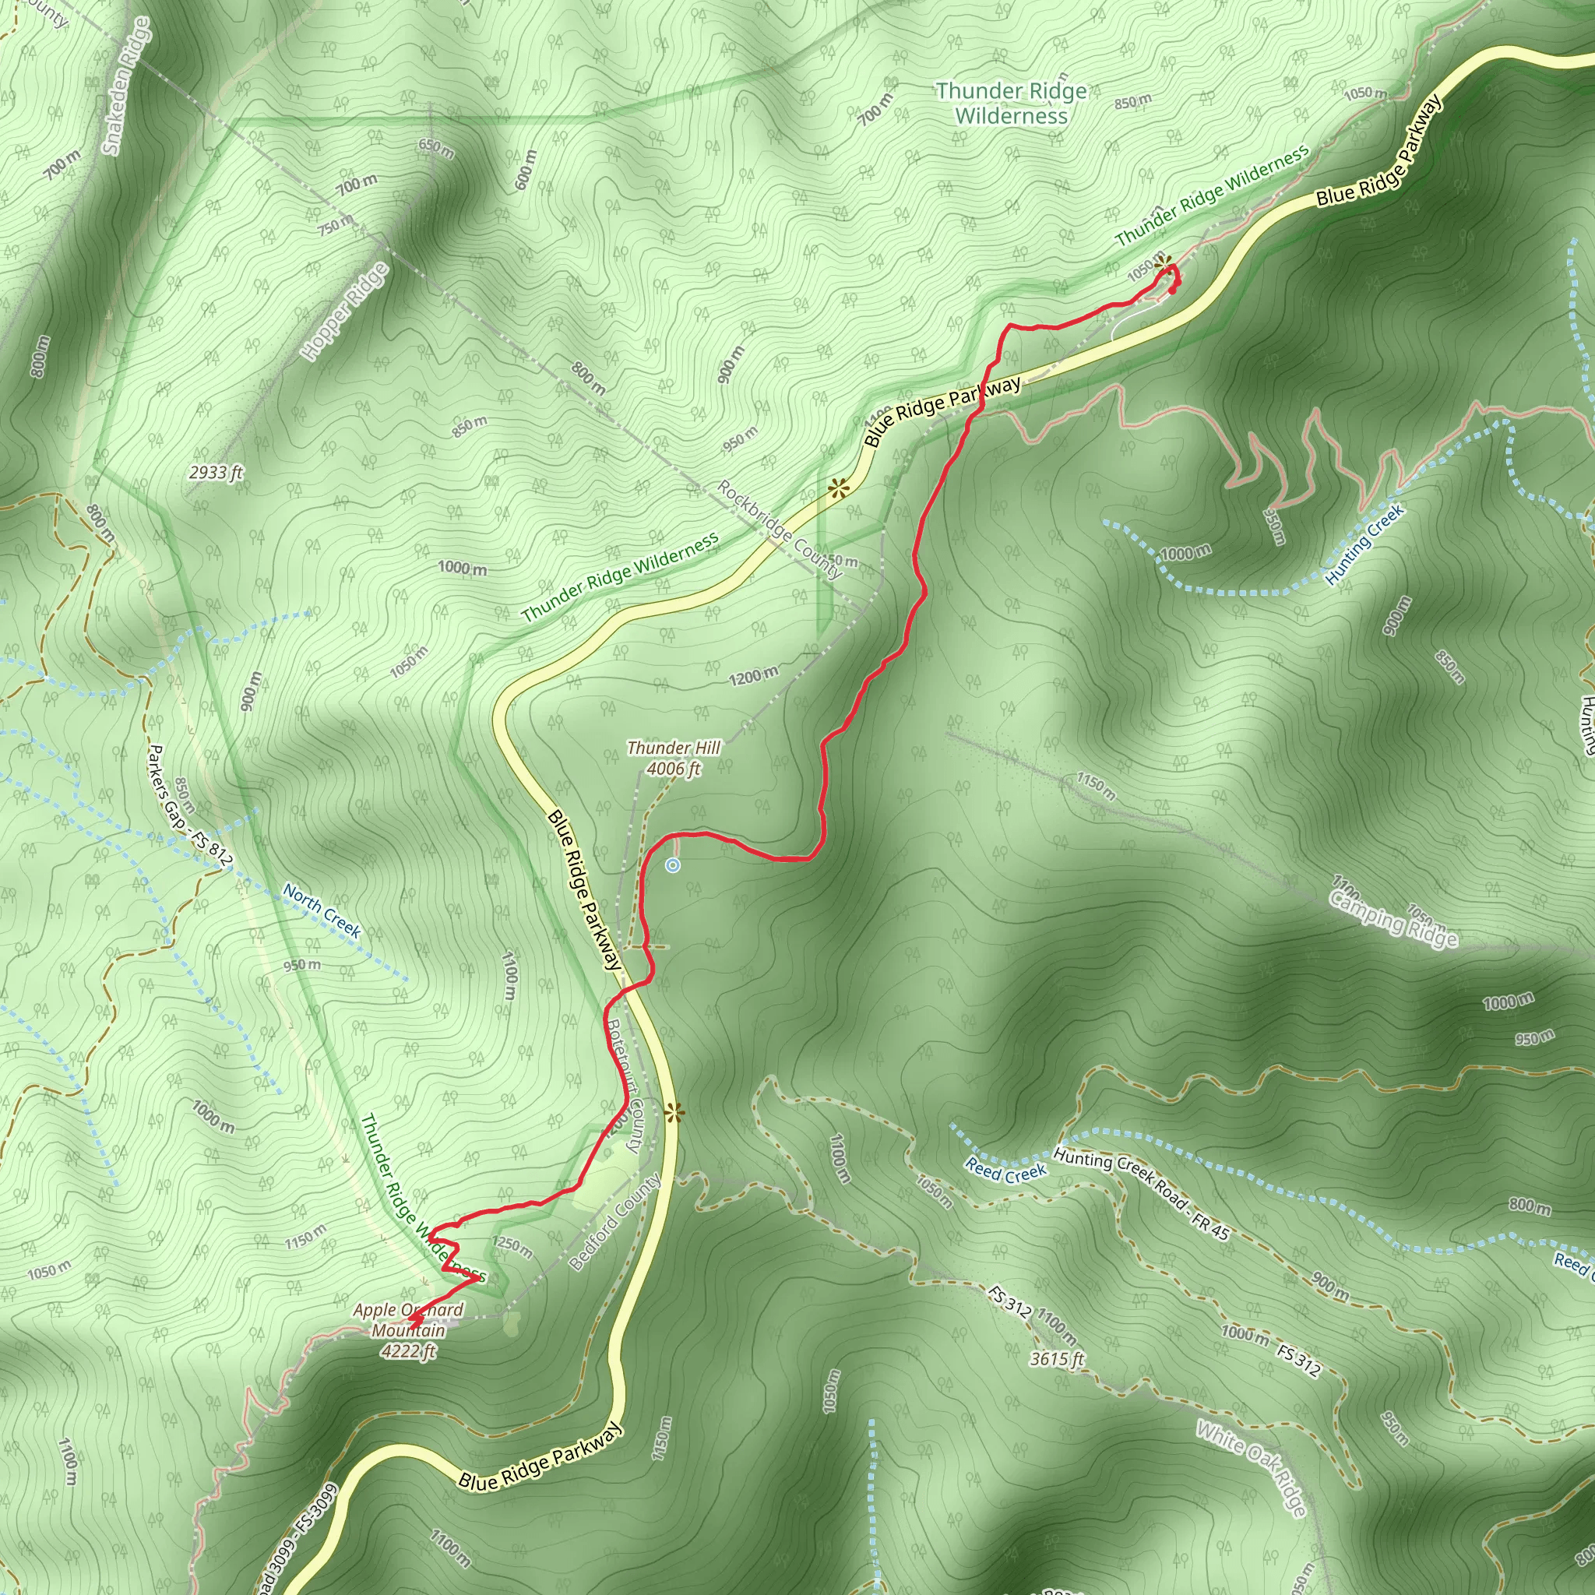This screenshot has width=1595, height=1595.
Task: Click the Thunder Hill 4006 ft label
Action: coord(674,758)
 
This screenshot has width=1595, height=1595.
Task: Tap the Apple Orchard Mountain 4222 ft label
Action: coord(408,1330)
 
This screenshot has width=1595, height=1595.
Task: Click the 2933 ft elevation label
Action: coord(216,473)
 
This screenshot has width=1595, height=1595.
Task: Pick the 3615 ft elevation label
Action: coord(1057,1358)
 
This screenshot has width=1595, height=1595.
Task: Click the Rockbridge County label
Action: coord(779,529)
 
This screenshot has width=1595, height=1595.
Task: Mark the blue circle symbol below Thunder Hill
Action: coord(673,865)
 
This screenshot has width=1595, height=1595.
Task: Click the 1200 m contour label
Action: coord(752,675)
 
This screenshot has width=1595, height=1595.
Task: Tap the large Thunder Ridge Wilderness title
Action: coord(1012,104)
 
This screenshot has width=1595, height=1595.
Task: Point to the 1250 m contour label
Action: coord(512,1245)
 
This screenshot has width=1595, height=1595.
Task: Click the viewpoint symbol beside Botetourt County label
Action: coord(674,1114)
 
